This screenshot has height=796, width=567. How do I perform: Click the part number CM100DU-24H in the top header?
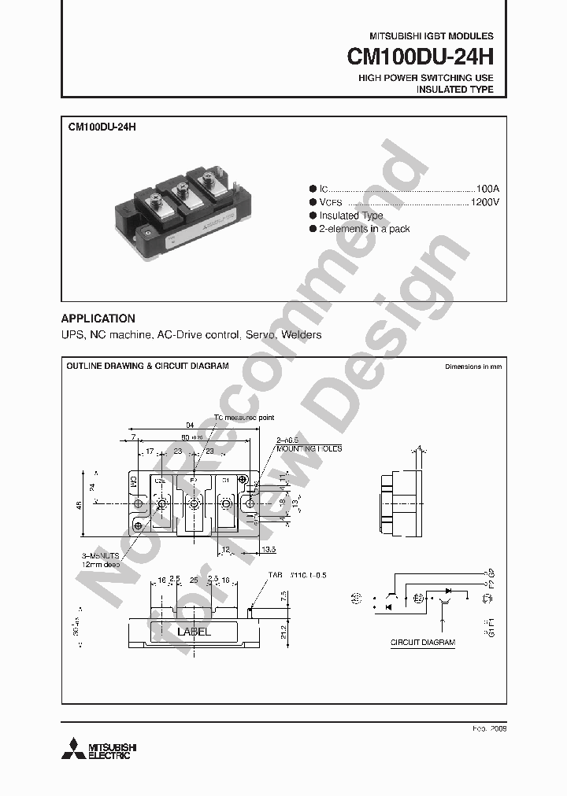(421, 57)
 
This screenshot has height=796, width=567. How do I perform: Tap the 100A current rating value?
(487, 190)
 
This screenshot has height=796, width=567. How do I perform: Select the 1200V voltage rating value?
(484, 202)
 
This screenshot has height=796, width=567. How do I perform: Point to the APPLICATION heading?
(98, 319)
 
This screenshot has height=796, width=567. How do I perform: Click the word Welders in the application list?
(302, 335)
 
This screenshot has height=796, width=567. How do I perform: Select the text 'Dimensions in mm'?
(472, 367)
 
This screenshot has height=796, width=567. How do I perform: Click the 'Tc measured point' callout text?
(245, 418)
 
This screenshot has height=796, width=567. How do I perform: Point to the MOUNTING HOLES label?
(309, 448)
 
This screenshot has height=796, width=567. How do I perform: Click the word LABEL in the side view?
(194, 632)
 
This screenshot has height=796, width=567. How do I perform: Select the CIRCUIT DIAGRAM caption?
(423, 643)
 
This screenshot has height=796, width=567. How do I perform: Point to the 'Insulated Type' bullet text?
(351, 216)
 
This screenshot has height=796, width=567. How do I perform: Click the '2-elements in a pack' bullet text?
(364, 229)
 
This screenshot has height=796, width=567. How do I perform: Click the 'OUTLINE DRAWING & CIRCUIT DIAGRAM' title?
(147, 367)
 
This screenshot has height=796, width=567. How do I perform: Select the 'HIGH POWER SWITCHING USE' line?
(426, 78)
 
